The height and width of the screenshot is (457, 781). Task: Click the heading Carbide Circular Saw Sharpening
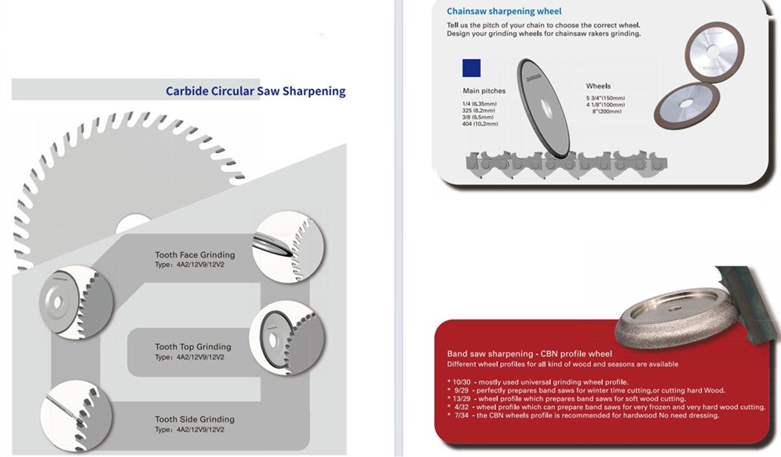pos(256,91)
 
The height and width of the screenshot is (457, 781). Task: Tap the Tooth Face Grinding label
pos(195,254)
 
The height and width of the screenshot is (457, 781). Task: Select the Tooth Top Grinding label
pos(193,347)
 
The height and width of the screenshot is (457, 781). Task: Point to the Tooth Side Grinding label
pos(194,419)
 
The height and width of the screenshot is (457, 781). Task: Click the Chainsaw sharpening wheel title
pos(504,12)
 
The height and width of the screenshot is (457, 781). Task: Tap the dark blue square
pos(472,68)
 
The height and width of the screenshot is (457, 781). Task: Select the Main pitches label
pos(484,91)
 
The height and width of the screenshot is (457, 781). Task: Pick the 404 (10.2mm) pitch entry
pos(480,123)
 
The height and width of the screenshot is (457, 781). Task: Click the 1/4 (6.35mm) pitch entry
pos(479,104)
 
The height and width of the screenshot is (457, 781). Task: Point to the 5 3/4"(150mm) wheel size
pos(605,98)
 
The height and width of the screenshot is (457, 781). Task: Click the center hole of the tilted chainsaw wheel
pos(546,110)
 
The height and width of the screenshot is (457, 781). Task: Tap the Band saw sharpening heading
pos(530,354)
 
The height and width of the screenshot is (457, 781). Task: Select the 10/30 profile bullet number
pos(462,382)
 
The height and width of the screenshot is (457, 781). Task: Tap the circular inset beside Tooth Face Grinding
pos(288,247)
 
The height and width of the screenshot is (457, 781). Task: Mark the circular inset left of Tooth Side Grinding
pos(76,417)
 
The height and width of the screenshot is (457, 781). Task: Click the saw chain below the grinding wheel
pos(567,164)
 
